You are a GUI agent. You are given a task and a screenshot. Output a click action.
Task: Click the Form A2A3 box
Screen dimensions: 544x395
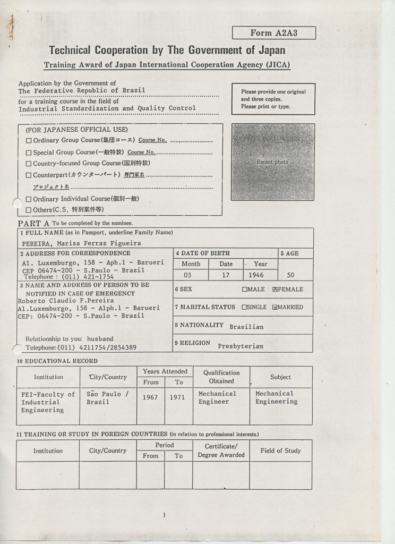[x=273, y=33]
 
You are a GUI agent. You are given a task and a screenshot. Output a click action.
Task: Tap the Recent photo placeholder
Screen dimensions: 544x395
[x=273, y=162]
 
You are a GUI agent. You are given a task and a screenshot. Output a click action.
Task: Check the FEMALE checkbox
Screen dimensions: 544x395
[x=275, y=290]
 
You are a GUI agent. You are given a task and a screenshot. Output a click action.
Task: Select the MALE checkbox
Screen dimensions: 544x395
[x=245, y=290]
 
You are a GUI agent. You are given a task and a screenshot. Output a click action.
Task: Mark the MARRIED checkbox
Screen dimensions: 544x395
[x=275, y=307]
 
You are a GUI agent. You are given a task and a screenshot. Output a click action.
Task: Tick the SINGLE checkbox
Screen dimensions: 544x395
[x=245, y=307]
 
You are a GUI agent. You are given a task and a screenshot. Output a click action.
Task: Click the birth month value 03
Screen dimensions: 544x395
[x=187, y=276]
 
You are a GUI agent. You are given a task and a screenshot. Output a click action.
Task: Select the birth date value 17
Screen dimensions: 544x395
[x=226, y=276]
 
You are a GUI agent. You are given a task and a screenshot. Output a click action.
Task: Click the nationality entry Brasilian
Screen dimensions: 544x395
[x=246, y=327]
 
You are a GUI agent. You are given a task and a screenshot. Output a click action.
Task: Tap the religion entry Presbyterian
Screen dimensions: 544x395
[x=240, y=346]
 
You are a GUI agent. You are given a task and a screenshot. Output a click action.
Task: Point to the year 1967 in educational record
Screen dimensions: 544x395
[x=150, y=397]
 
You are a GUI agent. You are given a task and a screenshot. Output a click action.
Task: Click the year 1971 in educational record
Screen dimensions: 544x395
[x=177, y=397]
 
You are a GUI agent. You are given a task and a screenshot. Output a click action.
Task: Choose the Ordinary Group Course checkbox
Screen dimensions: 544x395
[x=29, y=141]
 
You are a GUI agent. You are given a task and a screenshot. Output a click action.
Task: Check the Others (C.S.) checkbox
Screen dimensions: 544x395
[x=29, y=210]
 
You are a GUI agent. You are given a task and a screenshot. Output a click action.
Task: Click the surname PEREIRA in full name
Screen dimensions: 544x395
[x=37, y=244]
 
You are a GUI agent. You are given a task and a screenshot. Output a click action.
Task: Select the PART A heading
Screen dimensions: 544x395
[x=33, y=224]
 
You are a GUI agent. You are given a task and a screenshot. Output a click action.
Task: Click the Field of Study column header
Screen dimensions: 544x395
[x=280, y=450]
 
